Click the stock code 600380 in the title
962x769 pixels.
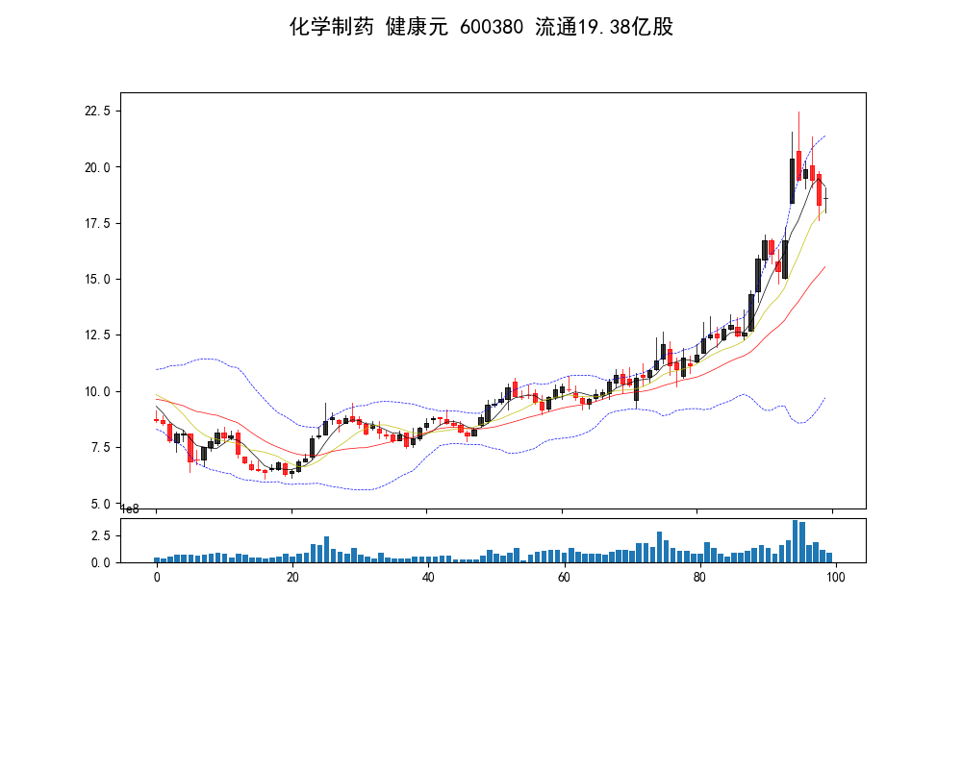[493, 27]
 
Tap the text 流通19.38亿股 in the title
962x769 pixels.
[603, 27]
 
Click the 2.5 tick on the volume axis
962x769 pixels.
[101, 535]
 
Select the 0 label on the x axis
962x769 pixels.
[157, 578]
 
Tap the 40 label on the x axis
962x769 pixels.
[428, 578]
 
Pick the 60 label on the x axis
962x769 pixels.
[564, 578]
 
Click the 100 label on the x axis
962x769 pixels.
[835, 578]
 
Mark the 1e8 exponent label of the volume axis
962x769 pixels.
[129, 509]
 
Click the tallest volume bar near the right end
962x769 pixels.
[796, 541]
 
